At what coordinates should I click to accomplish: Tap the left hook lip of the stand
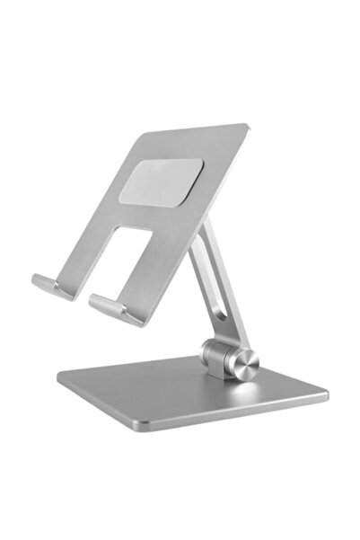click(x=54, y=286)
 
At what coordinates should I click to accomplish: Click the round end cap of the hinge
click(x=244, y=362)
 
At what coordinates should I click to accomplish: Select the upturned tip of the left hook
click(x=37, y=282)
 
